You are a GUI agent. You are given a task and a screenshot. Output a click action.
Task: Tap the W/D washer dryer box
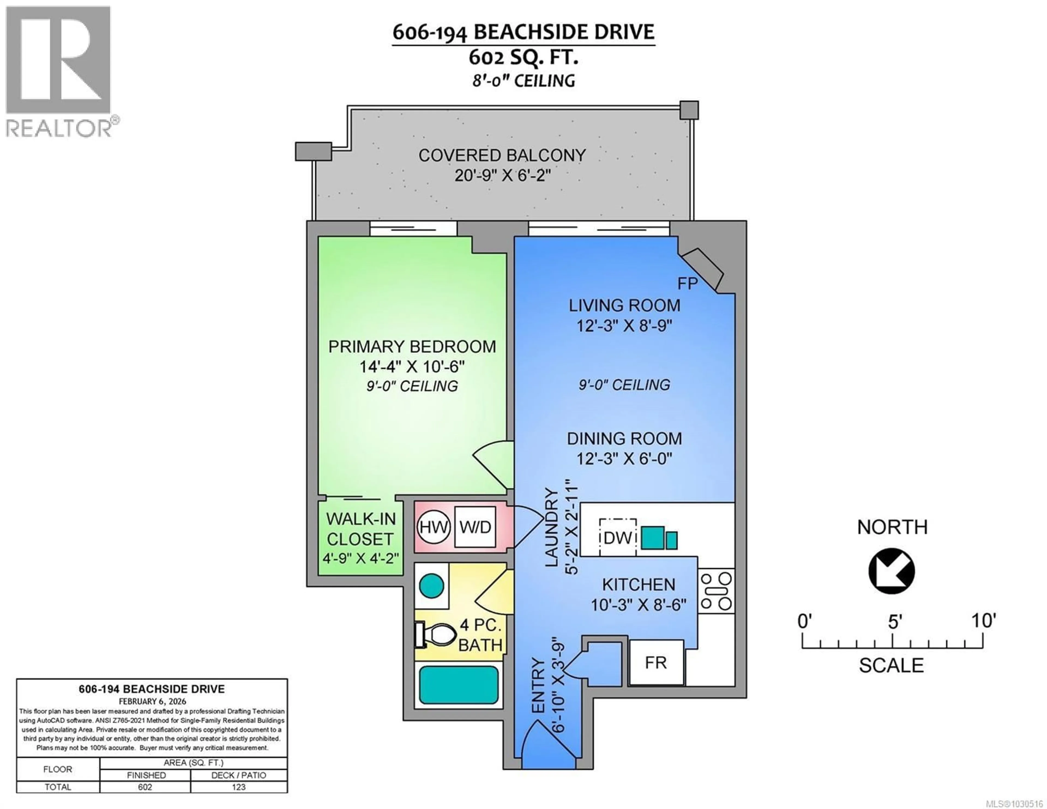coord(475,527)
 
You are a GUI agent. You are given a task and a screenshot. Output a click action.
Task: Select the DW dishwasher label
coord(618,538)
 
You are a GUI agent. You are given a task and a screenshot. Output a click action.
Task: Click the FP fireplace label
coord(687,284)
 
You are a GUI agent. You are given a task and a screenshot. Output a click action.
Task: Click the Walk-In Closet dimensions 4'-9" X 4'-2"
coord(360,558)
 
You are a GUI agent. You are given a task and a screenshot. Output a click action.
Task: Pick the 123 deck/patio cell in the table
coord(238,787)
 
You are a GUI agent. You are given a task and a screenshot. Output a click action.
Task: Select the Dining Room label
coord(624,438)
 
